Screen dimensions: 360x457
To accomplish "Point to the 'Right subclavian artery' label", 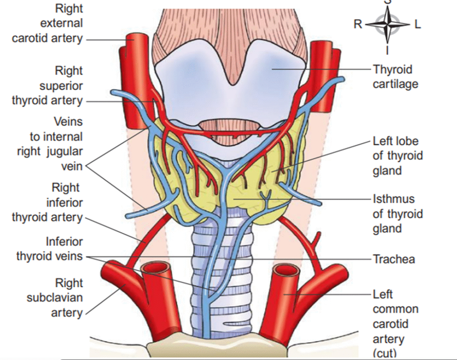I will [55, 297].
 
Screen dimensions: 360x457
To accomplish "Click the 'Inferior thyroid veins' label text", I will [50, 249].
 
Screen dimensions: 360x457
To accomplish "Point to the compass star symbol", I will [387, 24].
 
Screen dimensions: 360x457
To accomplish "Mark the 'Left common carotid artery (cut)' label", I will [395, 323].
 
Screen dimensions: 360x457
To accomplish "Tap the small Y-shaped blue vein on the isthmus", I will [266, 197].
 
